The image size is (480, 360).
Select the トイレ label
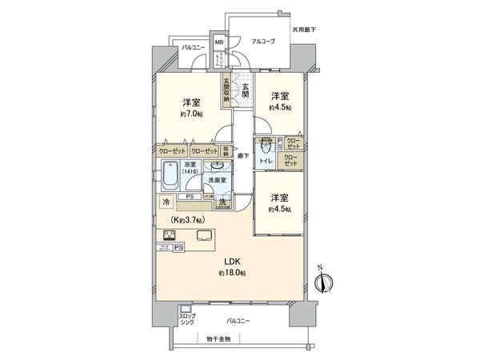266,162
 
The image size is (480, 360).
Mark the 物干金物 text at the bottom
216,338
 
